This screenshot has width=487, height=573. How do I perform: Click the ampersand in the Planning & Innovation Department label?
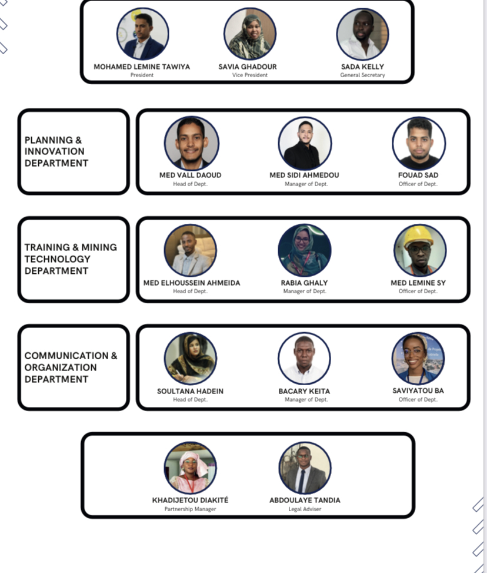(78, 140)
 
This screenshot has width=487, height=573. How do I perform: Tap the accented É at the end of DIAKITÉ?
(226, 499)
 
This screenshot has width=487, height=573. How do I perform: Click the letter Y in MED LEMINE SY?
(443, 283)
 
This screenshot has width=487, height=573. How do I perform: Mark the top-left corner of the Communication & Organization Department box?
(18, 325)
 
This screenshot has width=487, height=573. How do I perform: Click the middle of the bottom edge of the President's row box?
(247, 82)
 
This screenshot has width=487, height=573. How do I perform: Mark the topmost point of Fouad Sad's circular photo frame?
(419, 117)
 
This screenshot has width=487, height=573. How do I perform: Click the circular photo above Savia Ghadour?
(250, 34)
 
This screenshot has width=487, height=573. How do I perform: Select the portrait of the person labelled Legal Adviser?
(305, 468)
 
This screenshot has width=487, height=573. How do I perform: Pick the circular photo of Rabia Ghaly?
(305, 250)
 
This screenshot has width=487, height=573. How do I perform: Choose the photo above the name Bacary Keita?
(305, 359)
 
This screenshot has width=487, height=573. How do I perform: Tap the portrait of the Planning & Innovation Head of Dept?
(191, 143)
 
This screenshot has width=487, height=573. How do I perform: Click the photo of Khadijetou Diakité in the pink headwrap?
(190, 468)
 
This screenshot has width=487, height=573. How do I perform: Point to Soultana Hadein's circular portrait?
(190, 359)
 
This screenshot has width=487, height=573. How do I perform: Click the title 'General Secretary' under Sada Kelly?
(362, 75)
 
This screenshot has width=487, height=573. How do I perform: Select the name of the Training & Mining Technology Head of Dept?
(192, 283)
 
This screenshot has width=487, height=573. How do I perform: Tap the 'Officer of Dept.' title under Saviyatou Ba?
(418, 399)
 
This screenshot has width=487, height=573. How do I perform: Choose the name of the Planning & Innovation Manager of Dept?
(304, 175)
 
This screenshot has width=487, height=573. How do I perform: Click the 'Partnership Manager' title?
(190, 509)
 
